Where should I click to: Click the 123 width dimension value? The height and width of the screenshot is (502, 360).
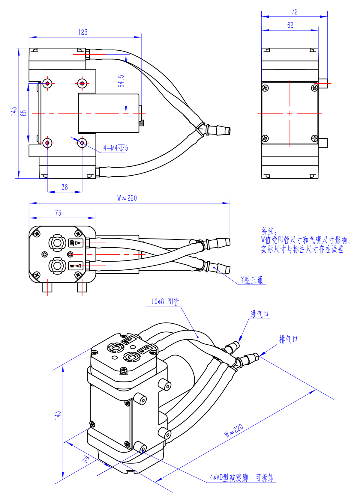click(83, 32)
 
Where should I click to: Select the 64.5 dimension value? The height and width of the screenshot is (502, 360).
click(121, 81)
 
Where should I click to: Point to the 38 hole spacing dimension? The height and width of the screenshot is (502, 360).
click(65, 187)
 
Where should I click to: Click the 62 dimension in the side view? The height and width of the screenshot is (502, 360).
click(290, 25)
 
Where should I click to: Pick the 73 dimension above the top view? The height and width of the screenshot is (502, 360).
click(58, 213)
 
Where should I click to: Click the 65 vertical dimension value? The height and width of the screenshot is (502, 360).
click(24, 113)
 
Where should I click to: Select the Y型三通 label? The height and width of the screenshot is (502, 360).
click(252, 280)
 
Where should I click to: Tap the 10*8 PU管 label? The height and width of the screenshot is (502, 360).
click(165, 301)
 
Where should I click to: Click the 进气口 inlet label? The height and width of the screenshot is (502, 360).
click(260, 314)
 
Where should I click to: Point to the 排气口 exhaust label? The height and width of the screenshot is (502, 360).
click(289, 339)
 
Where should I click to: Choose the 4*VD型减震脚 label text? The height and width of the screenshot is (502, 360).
click(229, 477)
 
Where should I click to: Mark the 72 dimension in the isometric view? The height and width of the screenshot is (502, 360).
click(85, 459)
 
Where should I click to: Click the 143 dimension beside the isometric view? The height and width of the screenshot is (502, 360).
click(58, 415)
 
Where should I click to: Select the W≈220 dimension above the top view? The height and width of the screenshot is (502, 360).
click(127, 198)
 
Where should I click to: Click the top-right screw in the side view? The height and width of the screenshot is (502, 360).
click(314, 88)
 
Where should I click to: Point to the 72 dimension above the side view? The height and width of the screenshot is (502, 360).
click(295, 12)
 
